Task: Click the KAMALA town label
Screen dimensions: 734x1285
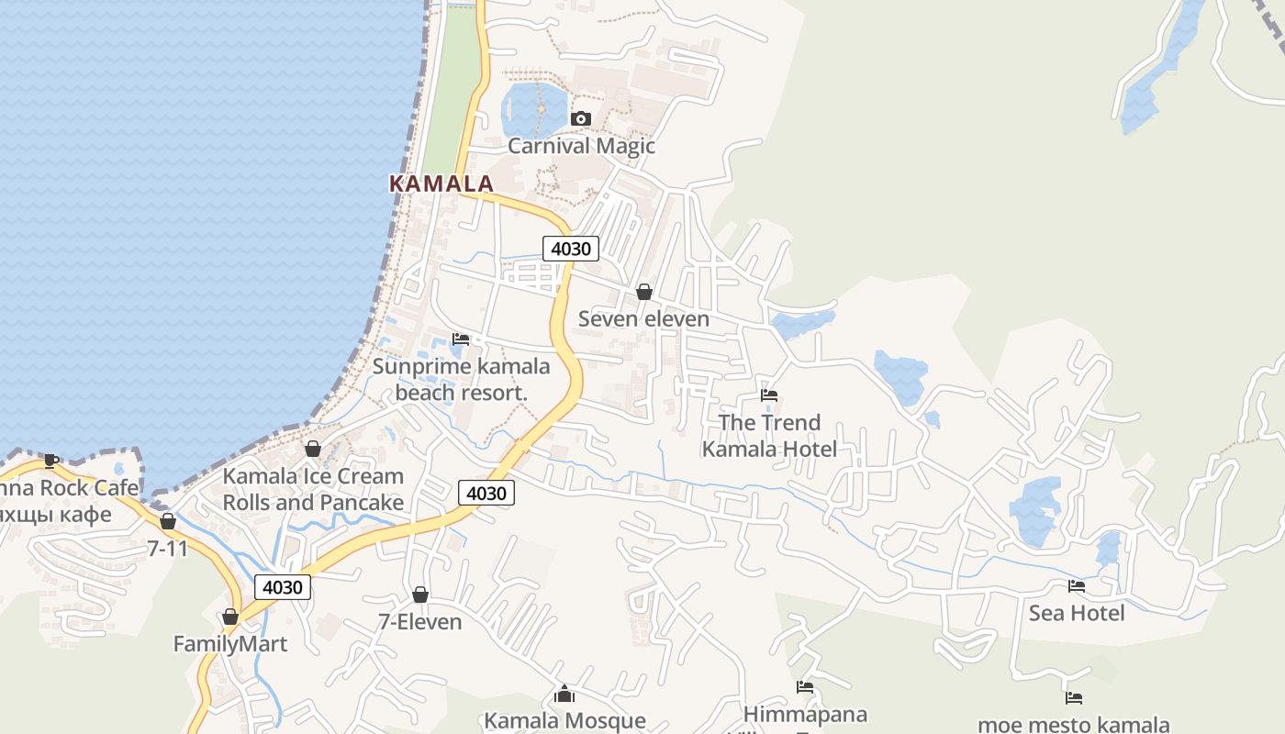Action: click(441, 183)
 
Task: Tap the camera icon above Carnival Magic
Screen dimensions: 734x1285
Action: click(580, 118)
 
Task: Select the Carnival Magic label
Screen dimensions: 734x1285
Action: click(581, 146)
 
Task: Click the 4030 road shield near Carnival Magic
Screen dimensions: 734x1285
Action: click(571, 248)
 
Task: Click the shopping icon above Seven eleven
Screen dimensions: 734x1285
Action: click(644, 292)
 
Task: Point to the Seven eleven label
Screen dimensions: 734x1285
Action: click(643, 319)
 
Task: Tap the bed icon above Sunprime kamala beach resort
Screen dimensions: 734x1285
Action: click(461, 339)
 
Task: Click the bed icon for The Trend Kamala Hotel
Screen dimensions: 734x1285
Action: click(769, 395)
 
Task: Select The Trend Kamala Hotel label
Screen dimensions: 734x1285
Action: click(769, 436)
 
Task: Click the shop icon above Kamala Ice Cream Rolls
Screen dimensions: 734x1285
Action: click(313, 449)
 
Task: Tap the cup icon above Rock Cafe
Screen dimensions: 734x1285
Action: click(51, 461)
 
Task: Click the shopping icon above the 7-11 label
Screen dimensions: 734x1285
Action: click(168, 521)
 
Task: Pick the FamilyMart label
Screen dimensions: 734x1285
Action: click(230, 644)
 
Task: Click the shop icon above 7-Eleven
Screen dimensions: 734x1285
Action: click(420, 595)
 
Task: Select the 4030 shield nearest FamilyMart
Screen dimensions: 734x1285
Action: click(283, 587)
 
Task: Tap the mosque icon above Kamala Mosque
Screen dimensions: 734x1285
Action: click(564, 694)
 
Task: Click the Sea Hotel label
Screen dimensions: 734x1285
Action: click(1077, 613)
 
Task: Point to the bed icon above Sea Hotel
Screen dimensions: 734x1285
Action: click(1077, 585)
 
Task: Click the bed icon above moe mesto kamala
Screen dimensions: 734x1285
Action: click(1074, 698)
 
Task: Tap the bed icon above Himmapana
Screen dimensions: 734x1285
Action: click(805, 686)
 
